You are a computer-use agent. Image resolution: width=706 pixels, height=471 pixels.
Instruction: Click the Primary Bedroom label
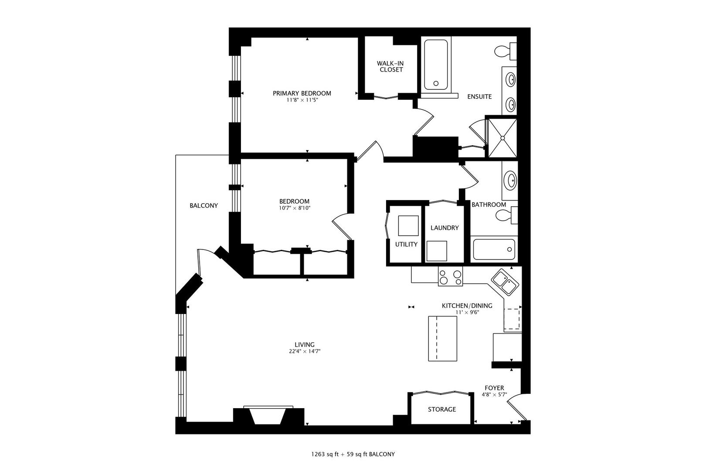(x=302, y=93)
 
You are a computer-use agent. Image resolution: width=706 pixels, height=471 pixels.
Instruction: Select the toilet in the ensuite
(x=505, y=51)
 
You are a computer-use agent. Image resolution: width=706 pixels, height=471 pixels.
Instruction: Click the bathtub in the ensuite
(x=436, y=65)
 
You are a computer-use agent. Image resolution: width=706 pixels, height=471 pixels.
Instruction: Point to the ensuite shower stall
(x=502, y=138)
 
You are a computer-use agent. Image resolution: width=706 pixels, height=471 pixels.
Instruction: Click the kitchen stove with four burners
(x=450, y=276)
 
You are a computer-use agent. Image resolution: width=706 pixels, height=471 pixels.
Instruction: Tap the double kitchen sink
(x=505, y=282)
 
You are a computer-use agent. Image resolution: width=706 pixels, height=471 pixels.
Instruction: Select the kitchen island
(x=442, y=338)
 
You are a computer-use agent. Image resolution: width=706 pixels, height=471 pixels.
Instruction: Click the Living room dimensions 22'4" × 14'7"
(x=305, y=352)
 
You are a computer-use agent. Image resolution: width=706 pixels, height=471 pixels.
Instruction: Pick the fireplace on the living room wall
(x=268, y=416)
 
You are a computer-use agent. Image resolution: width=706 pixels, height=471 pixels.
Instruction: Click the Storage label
(x=442, y=410)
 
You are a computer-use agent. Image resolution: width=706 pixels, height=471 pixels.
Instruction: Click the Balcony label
(x=204, y=206)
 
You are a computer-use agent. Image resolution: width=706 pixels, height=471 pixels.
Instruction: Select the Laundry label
(x=445, y=228)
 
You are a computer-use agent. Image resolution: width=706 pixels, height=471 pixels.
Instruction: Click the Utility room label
(x=406, y=244)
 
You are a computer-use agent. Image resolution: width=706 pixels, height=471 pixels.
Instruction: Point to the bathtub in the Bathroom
(x=494, y=249)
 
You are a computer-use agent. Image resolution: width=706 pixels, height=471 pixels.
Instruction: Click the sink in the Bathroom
(x=510, y=181)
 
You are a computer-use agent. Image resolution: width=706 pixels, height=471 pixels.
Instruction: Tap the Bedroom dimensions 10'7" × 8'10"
(x=295, y=208)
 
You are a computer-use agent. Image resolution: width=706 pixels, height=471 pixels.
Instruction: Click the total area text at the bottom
(x=353, y=454)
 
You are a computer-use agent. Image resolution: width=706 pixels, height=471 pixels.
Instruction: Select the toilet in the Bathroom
(x=506, y=215)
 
